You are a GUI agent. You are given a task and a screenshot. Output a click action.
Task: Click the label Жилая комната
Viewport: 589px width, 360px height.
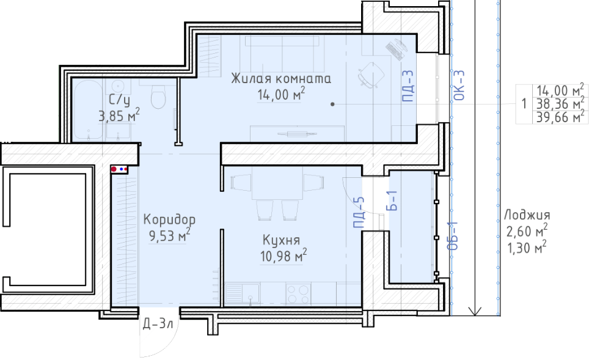point(281,79)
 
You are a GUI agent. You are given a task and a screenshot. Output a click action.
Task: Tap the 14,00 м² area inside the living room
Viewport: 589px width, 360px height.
point(281,95)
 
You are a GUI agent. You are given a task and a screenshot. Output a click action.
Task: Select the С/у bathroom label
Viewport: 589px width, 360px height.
point(119,100)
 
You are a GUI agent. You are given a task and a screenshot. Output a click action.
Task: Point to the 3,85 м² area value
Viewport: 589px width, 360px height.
point(119,116)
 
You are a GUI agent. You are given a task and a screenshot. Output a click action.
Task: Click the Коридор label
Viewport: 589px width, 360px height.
point(169,219)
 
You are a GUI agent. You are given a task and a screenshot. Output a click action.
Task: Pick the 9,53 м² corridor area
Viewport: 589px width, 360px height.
point(169,235)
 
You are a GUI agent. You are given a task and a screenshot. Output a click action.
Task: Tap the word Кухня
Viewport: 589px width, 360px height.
point(281,240)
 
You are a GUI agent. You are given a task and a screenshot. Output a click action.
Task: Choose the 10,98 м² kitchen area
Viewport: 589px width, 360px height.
point(284,256)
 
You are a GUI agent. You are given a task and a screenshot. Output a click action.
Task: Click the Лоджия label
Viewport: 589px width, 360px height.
point(527,215)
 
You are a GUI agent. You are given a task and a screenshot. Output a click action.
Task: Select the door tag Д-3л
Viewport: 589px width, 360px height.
point(158,323)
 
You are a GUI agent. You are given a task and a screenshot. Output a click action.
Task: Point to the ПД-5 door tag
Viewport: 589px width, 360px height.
point(359,212)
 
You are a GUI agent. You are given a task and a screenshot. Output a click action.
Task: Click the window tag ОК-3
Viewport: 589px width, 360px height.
point(459,86)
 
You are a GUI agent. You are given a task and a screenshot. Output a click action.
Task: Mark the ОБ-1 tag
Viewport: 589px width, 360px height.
point(453,235)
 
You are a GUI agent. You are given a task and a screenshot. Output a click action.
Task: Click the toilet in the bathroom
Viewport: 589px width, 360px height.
point(158,96)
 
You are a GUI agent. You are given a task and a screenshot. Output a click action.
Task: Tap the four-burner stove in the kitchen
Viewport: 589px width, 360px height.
point(298,293)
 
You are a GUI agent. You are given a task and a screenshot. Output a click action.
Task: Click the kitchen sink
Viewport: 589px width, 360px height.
point(243,293)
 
